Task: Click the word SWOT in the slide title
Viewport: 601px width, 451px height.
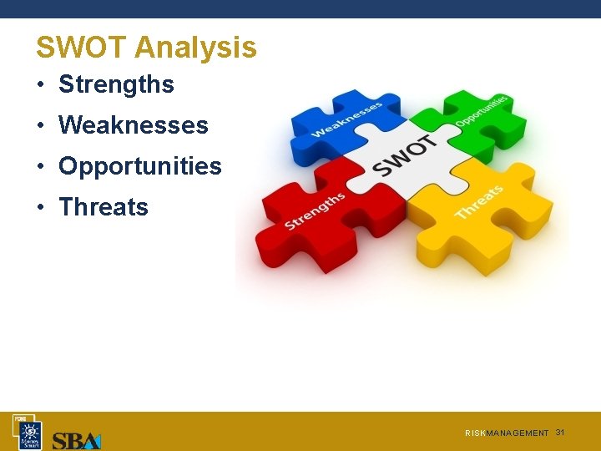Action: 80,48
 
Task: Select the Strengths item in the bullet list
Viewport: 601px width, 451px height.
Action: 116,84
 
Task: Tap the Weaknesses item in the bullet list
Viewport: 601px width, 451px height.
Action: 133,125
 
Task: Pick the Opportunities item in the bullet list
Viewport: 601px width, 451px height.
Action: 139,166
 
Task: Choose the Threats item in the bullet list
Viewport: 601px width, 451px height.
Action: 104,207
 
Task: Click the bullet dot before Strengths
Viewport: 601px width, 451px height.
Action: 40,85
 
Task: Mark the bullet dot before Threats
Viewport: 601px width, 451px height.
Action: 40,208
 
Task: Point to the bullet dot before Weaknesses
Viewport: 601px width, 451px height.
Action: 40,126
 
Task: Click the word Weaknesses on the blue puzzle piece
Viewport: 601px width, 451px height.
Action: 346,119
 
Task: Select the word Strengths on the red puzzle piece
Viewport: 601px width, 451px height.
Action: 315,211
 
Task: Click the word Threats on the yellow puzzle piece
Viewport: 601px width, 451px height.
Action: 479,202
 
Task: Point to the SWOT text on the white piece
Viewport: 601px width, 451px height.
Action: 406,156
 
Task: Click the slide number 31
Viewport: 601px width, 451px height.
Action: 560,432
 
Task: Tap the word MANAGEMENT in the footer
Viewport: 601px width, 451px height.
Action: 518,433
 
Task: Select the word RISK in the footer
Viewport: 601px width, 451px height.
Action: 475,433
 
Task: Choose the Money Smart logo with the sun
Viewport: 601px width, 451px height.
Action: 31,434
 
